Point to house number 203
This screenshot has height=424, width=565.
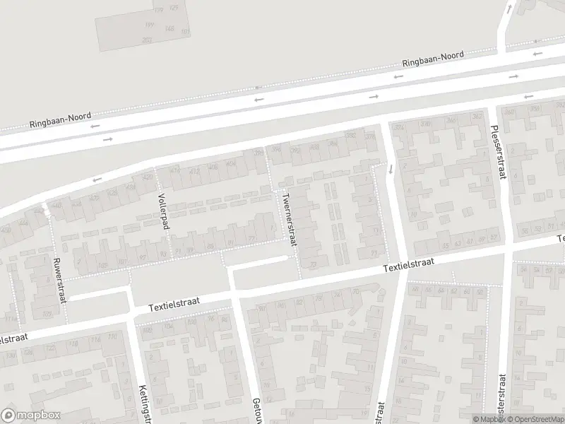tap(146, 40)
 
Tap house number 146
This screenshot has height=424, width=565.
tap(169, 28)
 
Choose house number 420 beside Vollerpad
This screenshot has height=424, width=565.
tap(148, 177)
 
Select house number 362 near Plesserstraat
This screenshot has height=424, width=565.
tap(477, 116)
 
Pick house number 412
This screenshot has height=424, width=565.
tap(174, 170)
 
